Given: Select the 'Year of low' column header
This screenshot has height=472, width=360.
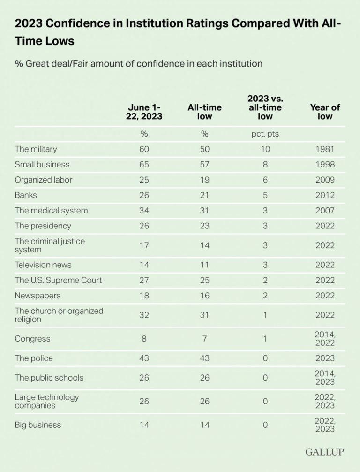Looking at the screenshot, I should tap(325, 112).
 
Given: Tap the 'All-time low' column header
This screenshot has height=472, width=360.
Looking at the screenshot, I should tap(204, 112).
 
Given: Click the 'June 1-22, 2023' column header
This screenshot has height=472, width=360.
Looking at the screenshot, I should tap(144, 112).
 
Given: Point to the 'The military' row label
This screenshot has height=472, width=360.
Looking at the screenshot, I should tap(36, 149).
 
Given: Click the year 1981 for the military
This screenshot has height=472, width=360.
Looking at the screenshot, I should tap(325, 149).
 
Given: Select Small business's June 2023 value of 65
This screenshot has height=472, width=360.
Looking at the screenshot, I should tap(144, 164).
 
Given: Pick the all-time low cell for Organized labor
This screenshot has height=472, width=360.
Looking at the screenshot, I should tap(204, 180).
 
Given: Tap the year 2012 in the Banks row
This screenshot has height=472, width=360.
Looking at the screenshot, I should tap(325, 195).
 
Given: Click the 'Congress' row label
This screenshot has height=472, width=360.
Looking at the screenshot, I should tap(32, 338).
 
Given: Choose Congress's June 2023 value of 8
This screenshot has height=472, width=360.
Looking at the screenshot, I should tap(144, 338).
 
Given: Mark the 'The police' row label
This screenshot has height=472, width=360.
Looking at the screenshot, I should tap(34, 358).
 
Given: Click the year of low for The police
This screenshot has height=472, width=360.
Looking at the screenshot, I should tap(325, 358).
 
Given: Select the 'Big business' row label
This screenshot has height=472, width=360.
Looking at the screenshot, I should tap(38, 425).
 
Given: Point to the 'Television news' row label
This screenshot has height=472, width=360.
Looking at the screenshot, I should tap(43, 265).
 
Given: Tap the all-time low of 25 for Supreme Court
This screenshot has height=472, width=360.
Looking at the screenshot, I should tap(204, 280).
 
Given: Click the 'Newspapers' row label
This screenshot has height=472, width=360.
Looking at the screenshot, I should tap(38, 296).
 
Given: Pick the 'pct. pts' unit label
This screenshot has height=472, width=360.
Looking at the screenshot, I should tap(265, 134).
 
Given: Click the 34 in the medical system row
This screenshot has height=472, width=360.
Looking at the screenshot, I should tap(144, 211).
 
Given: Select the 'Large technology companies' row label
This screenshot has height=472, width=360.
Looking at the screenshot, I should tap(47, 401).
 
